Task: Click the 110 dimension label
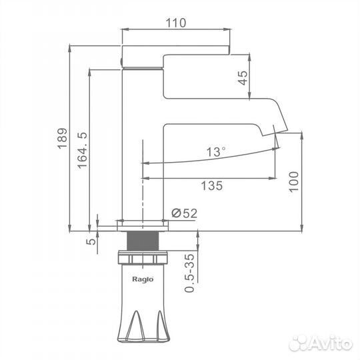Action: [175, 23]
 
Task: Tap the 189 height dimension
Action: [62, 139]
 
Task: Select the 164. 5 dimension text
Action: [82, 150]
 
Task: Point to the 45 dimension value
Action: [243, 78]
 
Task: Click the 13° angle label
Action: [216, 152]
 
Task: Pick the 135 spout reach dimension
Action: [212, 185]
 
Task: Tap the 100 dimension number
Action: [293, 181]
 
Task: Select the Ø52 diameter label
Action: [185, 213]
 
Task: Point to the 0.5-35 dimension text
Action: [189, 273]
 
